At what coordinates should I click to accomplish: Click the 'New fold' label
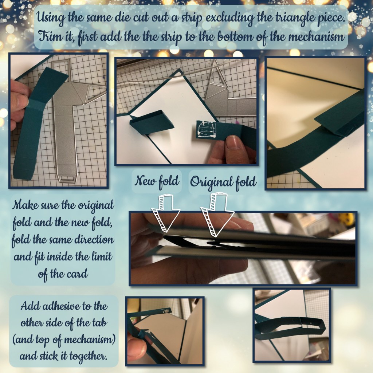click(157, 181)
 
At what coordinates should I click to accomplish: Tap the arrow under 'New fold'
click(166, 213)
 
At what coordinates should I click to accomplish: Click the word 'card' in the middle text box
click(76, 274)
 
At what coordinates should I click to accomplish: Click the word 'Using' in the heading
click(50, 18)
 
